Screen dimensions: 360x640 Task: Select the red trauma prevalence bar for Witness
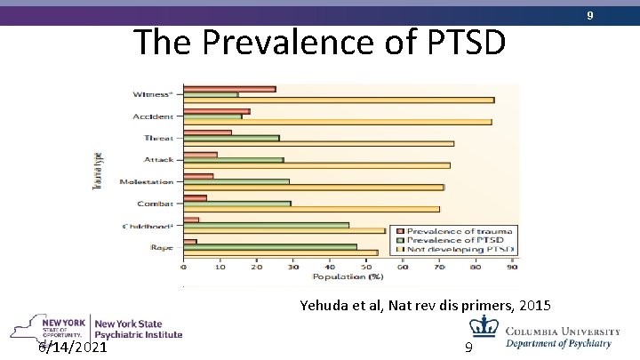pos(228,89)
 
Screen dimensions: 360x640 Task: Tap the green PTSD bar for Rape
pos(270,247)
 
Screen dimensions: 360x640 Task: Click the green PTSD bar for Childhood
pos(266,225)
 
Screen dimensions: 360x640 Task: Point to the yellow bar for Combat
pos(311,209)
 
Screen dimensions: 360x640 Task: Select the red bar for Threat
pos(207,132)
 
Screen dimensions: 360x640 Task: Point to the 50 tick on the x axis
pos(366,266)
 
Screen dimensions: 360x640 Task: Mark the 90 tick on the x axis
pos(513,266)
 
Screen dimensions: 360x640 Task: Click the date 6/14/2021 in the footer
pos(74,347)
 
